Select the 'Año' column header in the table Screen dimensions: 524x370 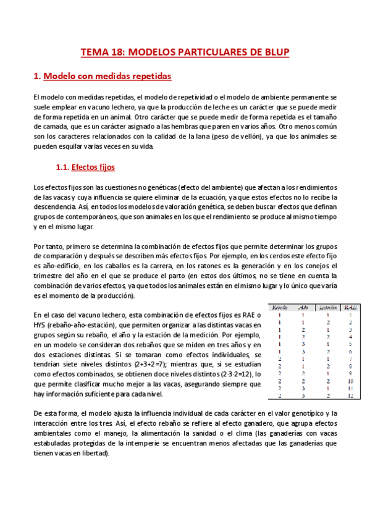click(303, 307)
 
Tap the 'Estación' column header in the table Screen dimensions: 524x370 click(328, 307)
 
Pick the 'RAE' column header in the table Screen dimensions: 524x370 click(350, 307)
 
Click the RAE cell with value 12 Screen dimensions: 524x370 click(350, 395)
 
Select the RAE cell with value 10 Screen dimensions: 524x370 click(350, 381)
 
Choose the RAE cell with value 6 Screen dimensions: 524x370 click(350, 351)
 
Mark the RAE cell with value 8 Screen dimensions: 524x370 click(350, 366)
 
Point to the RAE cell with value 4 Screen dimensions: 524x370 click(350, 336)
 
